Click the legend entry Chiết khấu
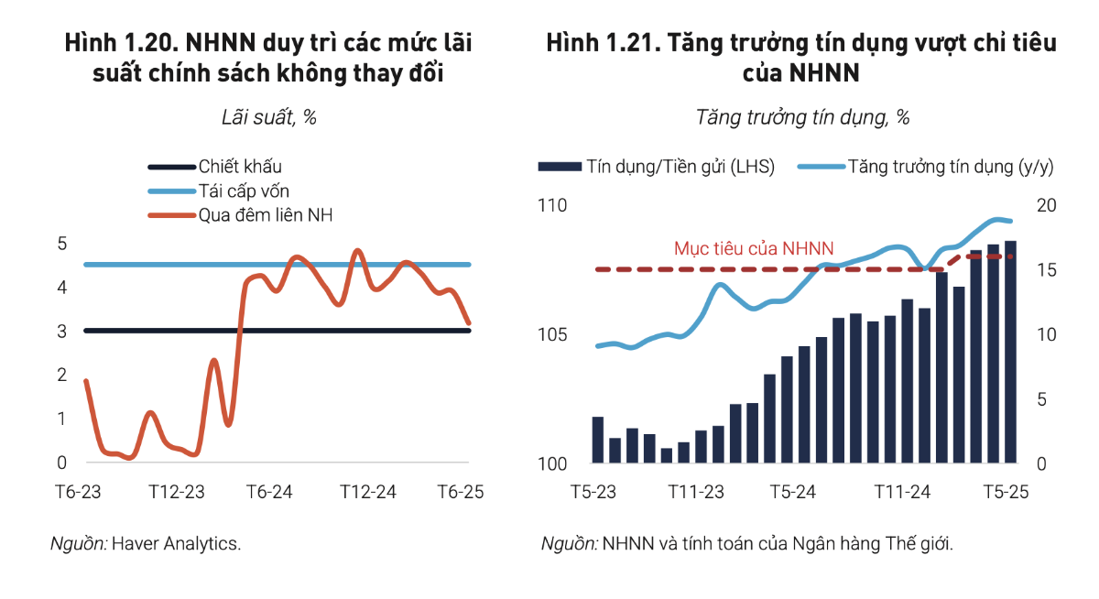coord(240,167)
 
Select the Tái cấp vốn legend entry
coord(244,191)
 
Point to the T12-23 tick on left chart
coord(177,492)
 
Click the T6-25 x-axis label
coord(460,492)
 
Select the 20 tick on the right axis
coord(1046,206)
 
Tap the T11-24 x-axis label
coord(901,492)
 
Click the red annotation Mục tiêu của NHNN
coord(754,248)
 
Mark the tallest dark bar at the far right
coord(1010,352)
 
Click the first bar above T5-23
coord(598,440)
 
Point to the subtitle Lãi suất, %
coord(269,117)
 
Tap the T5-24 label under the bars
coord(792,492)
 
